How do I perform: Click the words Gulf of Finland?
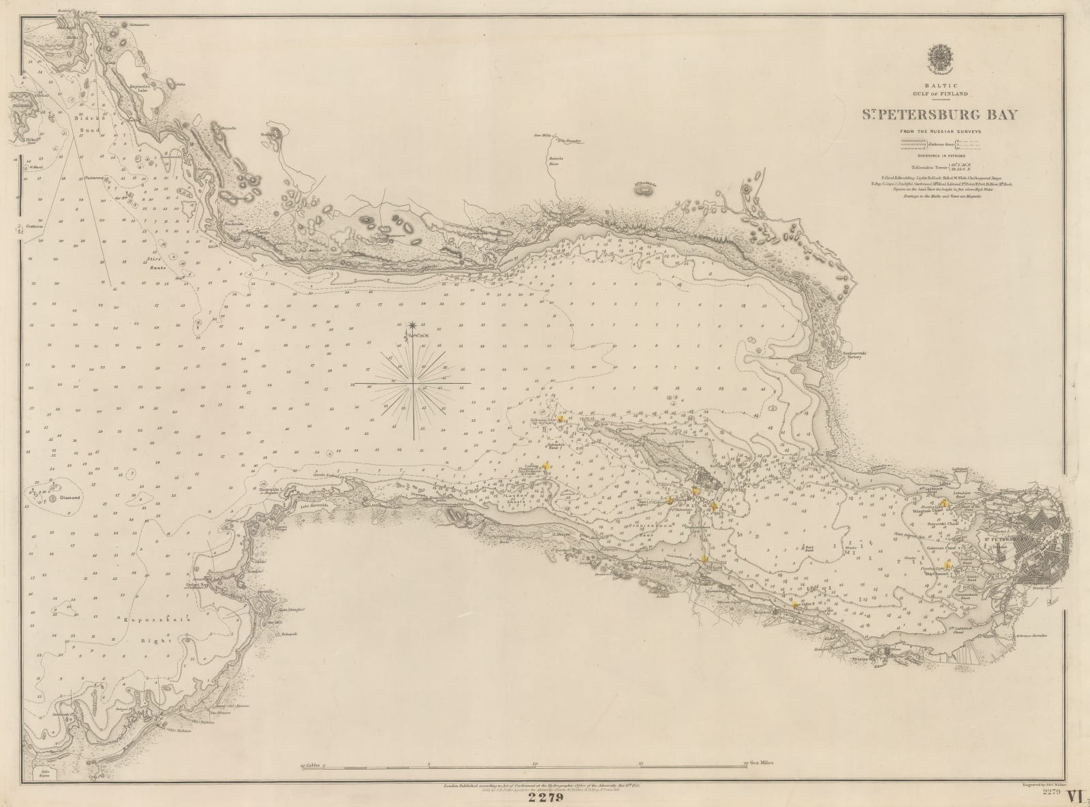[942, 93]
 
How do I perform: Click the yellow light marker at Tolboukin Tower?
[560, 419]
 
